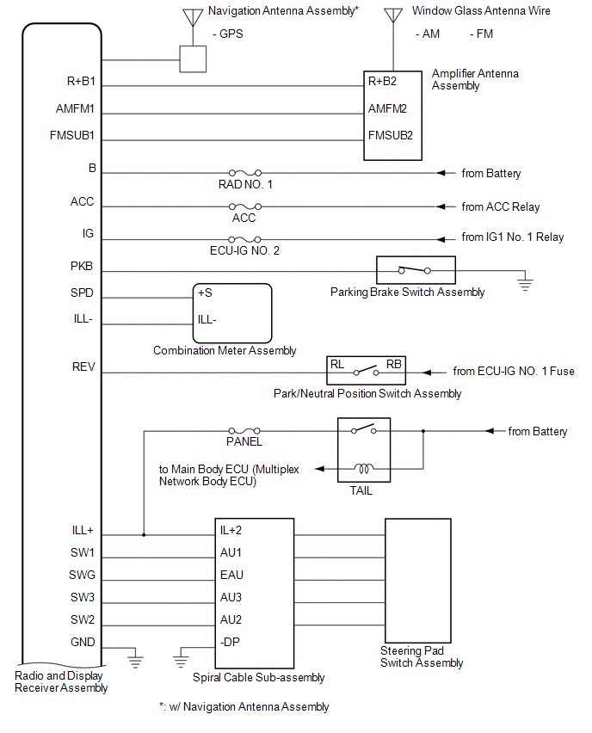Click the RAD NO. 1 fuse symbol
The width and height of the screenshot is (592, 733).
pos(245,173)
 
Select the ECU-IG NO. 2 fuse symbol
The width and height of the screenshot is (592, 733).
pos(244,240)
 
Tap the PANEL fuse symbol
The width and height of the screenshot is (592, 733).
pos(244,430)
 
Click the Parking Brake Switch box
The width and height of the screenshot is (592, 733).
pos(416,270)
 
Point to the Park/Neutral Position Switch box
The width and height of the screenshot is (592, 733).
pos(366,370)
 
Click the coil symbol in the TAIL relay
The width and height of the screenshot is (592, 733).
pos(364,468)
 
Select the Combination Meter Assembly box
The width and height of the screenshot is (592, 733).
pos(232,313)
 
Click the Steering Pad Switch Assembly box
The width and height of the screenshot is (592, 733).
pos(418,581)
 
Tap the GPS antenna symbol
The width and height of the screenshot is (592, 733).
pos(193,17)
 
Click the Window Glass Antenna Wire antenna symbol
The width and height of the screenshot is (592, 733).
pos(393,15)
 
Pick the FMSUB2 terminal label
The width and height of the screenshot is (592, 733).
pos(391,136)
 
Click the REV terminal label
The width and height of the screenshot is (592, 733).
pos(83,367)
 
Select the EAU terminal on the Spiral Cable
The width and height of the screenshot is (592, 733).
pos(231,575)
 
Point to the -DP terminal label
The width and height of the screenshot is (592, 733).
pos(230,643)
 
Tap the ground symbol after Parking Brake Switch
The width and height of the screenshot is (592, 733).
pos(525,284)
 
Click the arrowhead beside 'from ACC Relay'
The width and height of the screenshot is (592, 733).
pos(441,206)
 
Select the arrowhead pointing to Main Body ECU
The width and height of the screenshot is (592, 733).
pos(319,468)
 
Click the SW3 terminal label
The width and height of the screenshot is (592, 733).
pos(83,597)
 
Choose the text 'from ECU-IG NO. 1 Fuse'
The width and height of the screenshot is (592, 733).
pos(514,371)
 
